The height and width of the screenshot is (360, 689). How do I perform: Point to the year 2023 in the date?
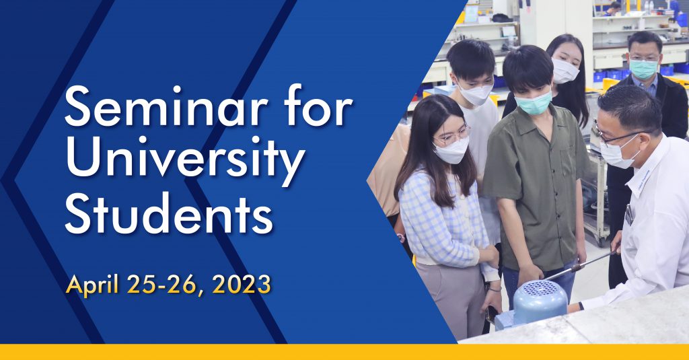(x=242, y=285)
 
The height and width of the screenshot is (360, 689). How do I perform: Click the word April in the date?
(x=92, y=285)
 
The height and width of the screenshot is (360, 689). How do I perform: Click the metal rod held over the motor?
(x=579, y=265)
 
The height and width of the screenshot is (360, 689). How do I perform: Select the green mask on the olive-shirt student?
(x=533, y=103)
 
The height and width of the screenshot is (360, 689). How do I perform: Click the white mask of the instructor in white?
(x=617, y=152)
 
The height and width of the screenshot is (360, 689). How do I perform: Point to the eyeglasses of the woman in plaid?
(x=451, y=137)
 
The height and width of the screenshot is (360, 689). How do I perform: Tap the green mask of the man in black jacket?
(x=643, y=69)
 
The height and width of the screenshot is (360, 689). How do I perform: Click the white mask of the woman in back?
(x=565, y=71)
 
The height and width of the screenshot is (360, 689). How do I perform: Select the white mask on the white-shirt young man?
(x=476, y=94)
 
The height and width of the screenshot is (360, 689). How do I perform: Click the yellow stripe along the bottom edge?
(x=344, y=352)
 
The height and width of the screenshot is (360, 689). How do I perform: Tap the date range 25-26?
(x=165, y=285)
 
